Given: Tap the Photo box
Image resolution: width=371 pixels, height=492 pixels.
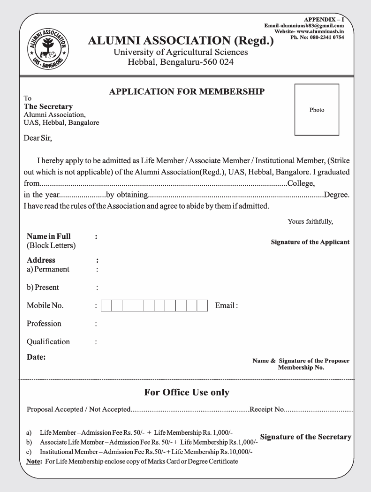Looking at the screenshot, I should coord(317,110).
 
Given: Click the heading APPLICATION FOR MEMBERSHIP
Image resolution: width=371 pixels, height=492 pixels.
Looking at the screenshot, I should coord(187,92).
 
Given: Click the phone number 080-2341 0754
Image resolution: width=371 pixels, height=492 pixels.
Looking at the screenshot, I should coord(326,37).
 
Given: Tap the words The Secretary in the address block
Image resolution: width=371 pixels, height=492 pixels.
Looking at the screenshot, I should coord(48,106).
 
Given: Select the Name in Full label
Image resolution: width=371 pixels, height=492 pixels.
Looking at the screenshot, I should coord(49,236).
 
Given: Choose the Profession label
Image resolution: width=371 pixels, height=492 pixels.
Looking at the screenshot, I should coord(44,324).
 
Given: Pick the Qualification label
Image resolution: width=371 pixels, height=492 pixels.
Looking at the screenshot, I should coord(48,341).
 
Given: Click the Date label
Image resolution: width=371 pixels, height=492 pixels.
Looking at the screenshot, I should coord(36,357).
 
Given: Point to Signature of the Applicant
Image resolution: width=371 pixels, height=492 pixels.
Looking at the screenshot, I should coord(310,242).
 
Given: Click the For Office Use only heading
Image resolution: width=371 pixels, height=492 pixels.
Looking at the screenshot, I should coord(186,393).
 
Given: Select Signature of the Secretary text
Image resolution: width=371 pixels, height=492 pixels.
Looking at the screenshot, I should coord(305,437).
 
